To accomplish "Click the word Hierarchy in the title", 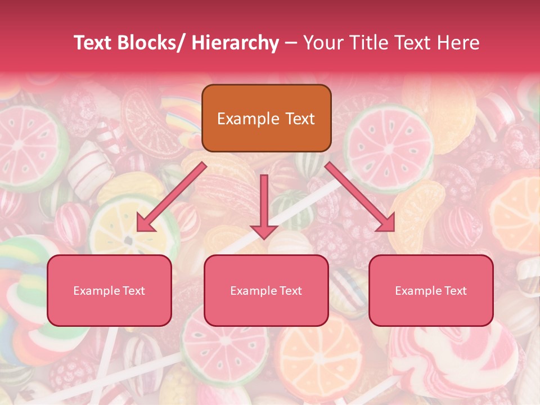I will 235,43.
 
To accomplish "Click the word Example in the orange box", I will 248,119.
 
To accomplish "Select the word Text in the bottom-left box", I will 133,291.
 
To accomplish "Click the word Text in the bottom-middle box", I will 290,291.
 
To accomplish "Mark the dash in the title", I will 291,43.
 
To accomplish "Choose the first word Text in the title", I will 94,43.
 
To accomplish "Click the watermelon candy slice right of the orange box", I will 388,141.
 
